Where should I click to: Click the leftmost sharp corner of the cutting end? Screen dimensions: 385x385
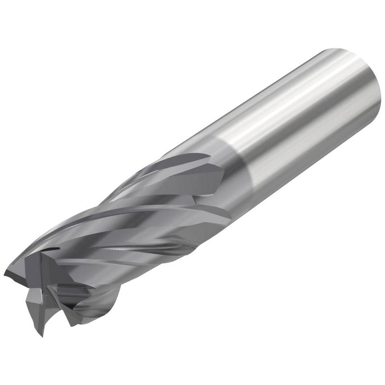[x=5, y=274]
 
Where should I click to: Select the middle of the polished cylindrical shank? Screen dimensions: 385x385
[x=300, y=115]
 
